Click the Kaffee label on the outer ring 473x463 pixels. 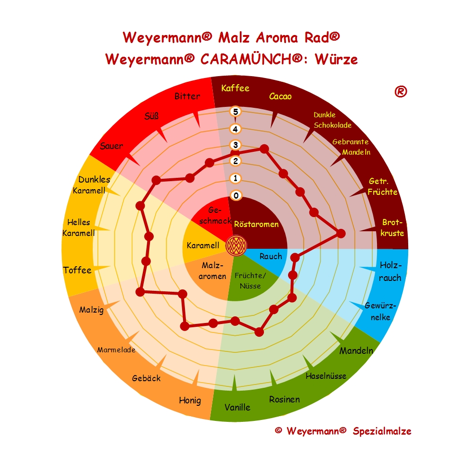(x=235, y=88)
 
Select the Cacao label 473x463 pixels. (x=280, y=96)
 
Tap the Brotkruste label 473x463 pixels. (x=393, y=227)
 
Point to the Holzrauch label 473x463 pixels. (x=390, y=271)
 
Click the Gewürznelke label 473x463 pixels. (x=380, y=311)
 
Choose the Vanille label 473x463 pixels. (x=237, y=407)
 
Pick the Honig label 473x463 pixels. (x=190, y=400)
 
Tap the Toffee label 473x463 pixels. (x=77, y=270)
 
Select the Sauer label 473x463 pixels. (x=111, y=146)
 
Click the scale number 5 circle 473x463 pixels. (x=236, y=112)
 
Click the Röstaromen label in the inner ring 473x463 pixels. (x=256, y=224)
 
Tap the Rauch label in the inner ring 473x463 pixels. (x=271, y=256)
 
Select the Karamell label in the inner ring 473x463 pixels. (x=202, y=245)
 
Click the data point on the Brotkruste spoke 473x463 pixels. (x=340, y=233)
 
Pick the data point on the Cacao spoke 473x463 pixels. (x=264, y=149)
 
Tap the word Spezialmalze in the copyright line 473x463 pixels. (x=382, y=431)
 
